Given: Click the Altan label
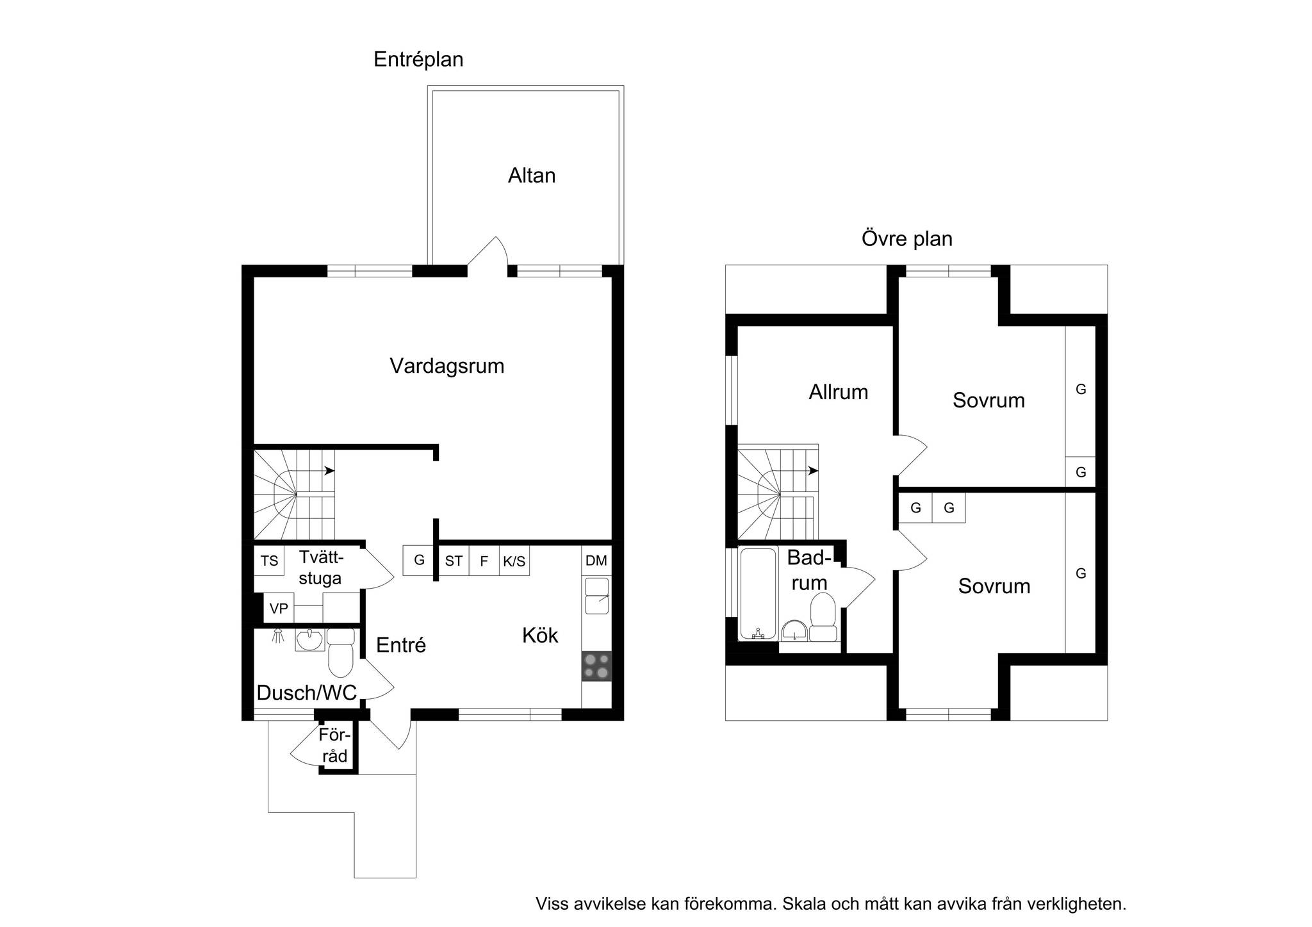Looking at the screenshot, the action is [531, 176].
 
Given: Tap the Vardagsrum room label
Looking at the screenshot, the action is [447, 366].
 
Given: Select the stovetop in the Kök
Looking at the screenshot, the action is [596, 666].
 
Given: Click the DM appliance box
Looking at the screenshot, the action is [596, 561].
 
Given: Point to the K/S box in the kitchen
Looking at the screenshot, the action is [514, 561].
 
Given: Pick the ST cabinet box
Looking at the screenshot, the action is [454, 561].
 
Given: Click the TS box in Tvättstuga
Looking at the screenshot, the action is [269, 561].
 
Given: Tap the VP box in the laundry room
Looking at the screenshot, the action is [279, 608].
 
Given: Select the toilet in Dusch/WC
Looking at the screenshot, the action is [341, 653].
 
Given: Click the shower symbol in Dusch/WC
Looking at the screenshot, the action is [278, 636].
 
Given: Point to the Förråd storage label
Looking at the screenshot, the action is [334, 746].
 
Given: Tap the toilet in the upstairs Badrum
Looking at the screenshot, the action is [823, 618].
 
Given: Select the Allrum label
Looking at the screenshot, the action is [838, 392].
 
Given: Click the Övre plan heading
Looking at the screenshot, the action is [906, 239].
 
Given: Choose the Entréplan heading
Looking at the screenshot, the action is [418, 60].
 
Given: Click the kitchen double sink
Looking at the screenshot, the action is [596, 596].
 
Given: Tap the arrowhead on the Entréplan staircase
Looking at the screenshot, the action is [329, 471].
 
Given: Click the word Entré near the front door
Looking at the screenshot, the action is [401, 645].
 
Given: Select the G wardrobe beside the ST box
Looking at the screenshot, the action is [419, 561].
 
